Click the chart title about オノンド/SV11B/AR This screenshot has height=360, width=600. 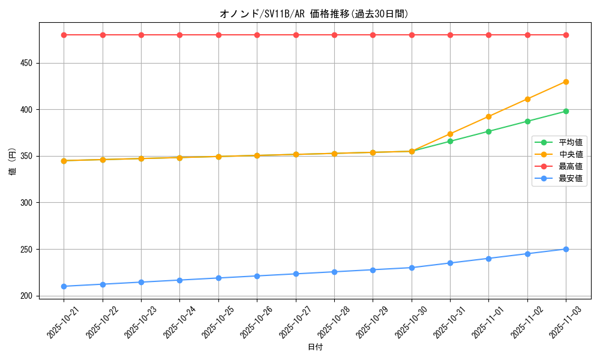tap(314, 14)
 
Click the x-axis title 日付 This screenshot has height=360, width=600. tap(315, 347)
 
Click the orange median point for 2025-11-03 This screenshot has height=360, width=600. tap(566, 82)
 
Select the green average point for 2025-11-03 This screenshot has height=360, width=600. tap(566, 111)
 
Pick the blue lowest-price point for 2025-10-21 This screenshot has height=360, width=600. tap(64, 286)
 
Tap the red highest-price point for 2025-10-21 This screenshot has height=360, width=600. tap(64, 35)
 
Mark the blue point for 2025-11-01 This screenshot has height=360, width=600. tap(488, 259)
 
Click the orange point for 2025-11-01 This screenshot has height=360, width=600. tap(488, 116)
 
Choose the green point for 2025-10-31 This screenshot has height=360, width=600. tap(450, 141)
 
